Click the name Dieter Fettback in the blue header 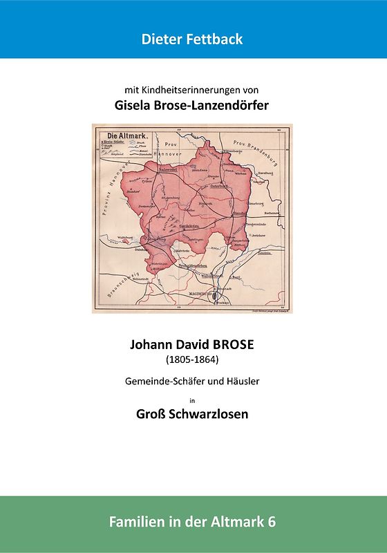coord(192,39)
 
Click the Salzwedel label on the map coord(169,169)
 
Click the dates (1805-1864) coord(192,360)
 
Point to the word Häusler coord(240,381)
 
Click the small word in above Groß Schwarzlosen coord(192,400)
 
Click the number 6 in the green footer coord(272,523)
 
